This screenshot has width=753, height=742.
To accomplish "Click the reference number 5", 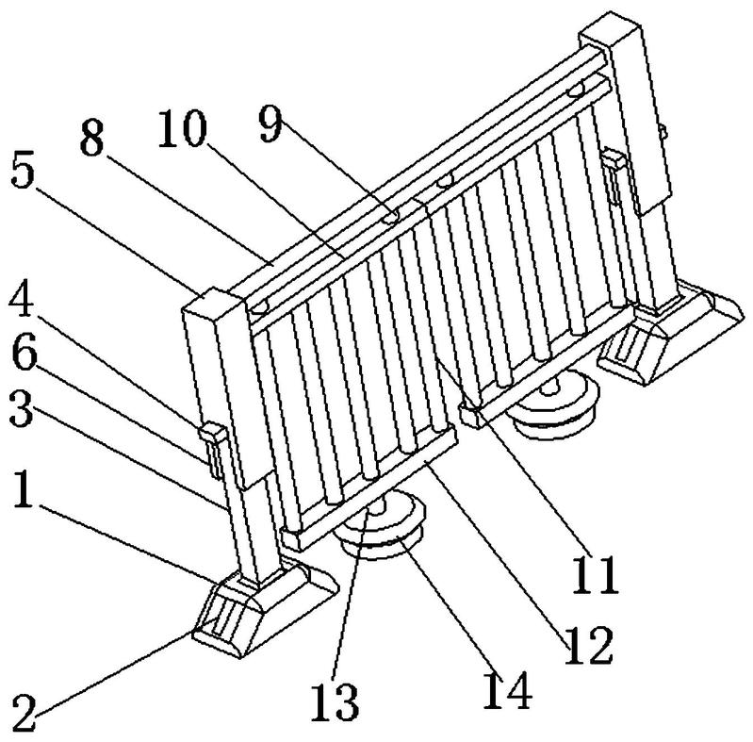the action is pyautogui.click(x=23, y=172).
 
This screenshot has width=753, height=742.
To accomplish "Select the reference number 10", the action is pyautogui.click(x=183, y=128).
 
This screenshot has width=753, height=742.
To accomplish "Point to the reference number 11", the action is pyautogui.click(x=594, y=574).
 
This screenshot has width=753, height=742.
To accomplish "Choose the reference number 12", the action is pyautogui.click(x=589, y=646).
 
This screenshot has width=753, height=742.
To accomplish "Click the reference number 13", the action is pyautogui.click(x=335, y=702).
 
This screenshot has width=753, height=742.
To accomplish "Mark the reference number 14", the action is pyautogui.click(x=507, y=689).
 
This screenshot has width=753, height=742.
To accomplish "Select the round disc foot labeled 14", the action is pyautogui.click(x=382, y=529).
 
